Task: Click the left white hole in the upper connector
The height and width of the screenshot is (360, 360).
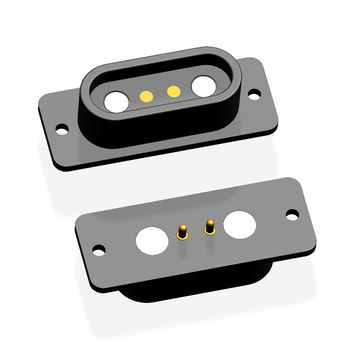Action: pos(116,100)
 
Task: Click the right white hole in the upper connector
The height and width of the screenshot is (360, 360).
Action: pos(204,86)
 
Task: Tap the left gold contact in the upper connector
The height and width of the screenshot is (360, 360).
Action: pos(146,96)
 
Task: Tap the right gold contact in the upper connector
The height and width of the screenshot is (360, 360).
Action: pos(173,91)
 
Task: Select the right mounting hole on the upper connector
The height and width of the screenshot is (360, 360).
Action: pos(255,94)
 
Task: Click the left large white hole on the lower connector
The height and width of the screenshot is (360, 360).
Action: pos(152,240)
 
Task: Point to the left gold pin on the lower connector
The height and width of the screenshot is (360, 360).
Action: pos(182,233)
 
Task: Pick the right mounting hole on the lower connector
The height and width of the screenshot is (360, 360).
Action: pos(292,214)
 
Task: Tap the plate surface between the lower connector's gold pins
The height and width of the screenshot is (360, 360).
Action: pos(196,236)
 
